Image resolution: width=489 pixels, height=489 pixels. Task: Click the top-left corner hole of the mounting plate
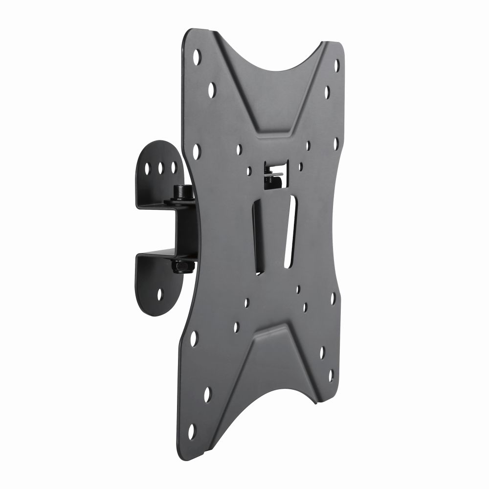[x=197, y=56]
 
